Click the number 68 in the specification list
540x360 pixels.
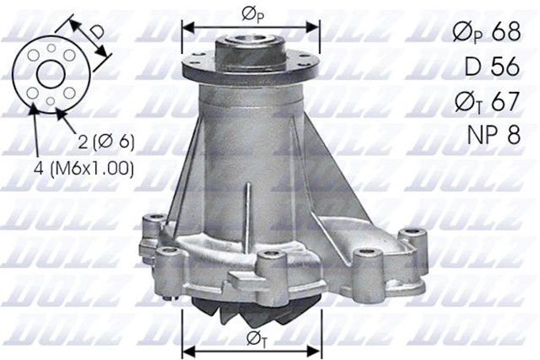pos(504,32)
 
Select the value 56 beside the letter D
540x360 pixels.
pos(504,67)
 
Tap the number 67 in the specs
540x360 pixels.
pos(504,101)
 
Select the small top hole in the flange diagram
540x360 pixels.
pos(51,48)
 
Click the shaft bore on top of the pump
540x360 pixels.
pos(251,40)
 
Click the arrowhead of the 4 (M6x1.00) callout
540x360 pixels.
pos(33,108)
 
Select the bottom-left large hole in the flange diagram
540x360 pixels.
pos(32,92)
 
